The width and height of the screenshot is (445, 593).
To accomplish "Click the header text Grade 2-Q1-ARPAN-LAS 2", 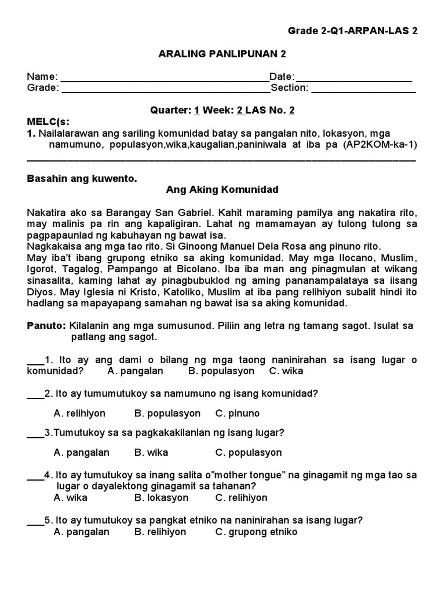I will point(352,31).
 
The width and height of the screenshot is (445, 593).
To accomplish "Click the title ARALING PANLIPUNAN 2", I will point(222,54).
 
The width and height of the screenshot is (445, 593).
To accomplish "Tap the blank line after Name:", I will point(165,78).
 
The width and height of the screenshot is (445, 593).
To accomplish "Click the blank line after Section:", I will point(363,89).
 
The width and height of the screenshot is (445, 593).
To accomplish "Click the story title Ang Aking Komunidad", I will point(222,190).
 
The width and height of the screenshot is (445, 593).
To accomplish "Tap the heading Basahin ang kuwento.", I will point(82,178).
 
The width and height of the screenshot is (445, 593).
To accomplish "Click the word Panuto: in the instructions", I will point(46,326).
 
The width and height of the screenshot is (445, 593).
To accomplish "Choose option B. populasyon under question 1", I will point(221,371).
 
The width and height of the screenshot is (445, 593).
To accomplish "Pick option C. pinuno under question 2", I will point(238,413).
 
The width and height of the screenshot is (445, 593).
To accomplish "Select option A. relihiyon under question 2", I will point(79,413).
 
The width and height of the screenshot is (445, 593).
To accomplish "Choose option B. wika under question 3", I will point(151,452).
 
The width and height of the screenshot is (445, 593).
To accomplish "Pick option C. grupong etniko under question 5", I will point(256,532).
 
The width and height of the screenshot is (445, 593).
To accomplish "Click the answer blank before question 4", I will point(35,475).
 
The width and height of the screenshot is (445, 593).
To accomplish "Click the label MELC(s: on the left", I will point(48,122).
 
